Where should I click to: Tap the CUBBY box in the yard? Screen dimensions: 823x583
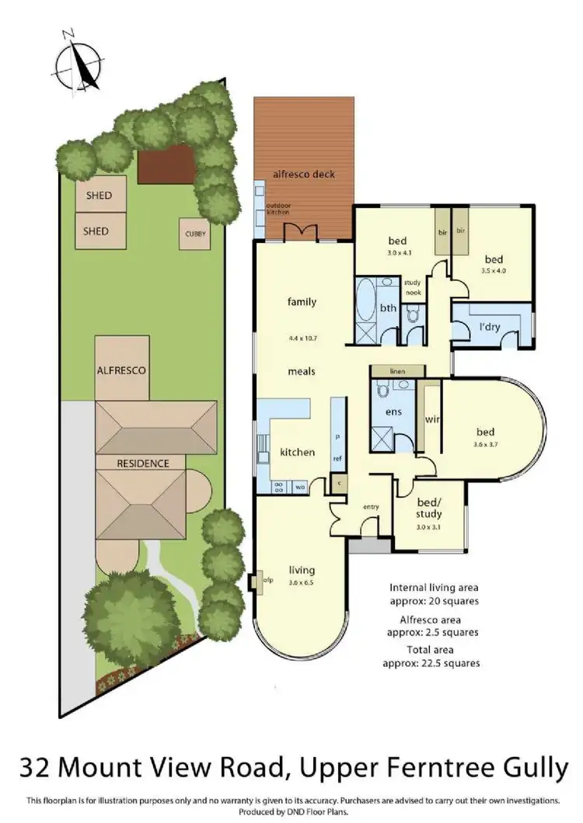194,234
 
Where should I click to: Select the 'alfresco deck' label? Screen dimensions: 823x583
304,175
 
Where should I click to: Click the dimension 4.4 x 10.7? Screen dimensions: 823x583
302,339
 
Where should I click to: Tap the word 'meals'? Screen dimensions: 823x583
302,371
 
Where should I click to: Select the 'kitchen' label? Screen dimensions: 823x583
296,452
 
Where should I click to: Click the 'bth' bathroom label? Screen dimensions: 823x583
388,309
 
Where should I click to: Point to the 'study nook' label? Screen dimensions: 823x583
412,286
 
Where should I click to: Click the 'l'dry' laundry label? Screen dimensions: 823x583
489,327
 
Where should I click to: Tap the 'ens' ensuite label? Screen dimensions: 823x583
393,411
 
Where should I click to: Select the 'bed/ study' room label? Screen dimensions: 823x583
428,509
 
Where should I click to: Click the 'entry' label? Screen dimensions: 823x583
371,507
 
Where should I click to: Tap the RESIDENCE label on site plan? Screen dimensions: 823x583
143,464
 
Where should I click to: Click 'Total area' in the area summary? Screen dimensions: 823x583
431,649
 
